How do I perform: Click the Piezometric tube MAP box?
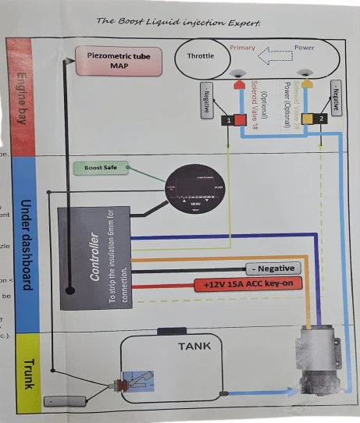coord(118,60)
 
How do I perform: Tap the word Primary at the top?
coord(243,48)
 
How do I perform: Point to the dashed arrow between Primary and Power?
coord(273,57)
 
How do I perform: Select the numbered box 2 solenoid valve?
coord(321,119)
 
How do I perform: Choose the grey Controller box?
coord(94,258)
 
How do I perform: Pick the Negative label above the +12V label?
coord(273,268)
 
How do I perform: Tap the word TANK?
coord(195,345)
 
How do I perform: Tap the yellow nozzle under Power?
coord(309,84)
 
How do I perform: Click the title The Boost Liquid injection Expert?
coord(178,21)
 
